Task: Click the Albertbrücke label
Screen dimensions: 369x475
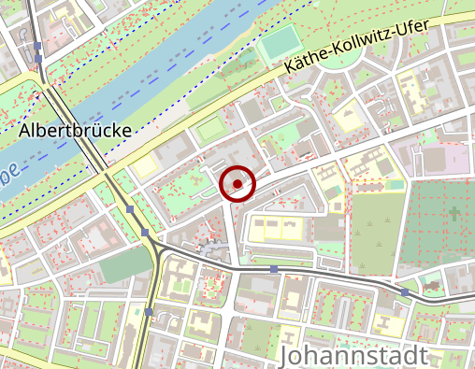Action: pos(75,130)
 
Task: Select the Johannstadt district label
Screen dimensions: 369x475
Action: pos(353,356)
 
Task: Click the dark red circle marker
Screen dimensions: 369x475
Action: pos(237,184)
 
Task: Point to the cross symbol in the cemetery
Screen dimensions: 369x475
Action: pos(453,214)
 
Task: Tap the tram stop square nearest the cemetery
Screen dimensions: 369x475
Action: pos(404,291)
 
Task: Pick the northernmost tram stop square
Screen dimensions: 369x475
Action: pos(37,46)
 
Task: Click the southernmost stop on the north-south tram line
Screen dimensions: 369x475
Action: pos(149,311)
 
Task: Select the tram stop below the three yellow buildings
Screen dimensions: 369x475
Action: pos(273,269)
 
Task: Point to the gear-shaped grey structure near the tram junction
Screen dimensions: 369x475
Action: pos(213,249)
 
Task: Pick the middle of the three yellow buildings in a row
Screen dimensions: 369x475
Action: pos(275,227)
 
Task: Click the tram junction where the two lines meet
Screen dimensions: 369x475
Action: pos(152,245)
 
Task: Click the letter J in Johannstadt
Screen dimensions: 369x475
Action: pos(286,356)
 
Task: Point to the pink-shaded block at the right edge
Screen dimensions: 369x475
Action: pos(456,158)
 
